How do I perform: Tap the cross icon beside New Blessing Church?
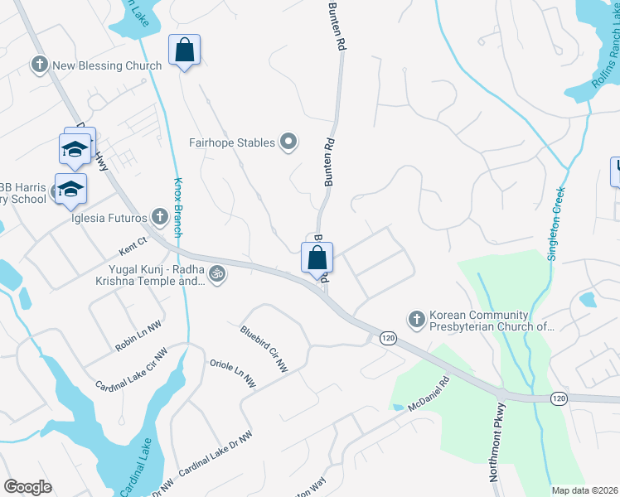(38, 65)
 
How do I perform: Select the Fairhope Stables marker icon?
(288, 142)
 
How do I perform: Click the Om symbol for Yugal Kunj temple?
(216, 273)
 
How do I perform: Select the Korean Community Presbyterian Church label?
(490, 321)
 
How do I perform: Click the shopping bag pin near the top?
(184, 50)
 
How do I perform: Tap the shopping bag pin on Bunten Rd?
(317, 258)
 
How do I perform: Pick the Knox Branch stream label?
(177, 203)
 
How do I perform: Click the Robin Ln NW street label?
(138, 337)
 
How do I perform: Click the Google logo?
(27, 487)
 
